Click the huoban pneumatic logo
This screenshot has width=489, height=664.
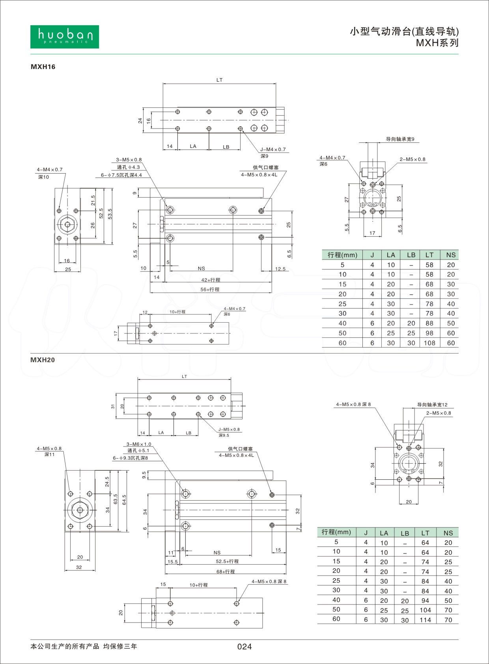(x=64, y=37)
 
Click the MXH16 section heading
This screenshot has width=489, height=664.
(x=43, y=67)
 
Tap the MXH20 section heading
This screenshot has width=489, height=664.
(x=43, y=360)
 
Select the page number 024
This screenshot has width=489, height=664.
(x=244, y=646)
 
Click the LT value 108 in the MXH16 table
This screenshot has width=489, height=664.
(x=429, y=343)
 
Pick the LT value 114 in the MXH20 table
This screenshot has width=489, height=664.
(x=425, y=620)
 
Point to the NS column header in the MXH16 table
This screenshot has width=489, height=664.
(x=451, y=255)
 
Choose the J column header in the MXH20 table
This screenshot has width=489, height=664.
(x=366, y=533)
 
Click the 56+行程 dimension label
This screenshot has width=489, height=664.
(x=210, y=289)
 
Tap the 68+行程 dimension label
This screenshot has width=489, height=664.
(x=226, y=571)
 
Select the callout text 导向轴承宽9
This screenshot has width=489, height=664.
(x=400, y=139)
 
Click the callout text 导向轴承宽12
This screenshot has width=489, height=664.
(x=432, y=405)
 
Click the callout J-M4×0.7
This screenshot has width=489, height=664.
(x=273, y=150)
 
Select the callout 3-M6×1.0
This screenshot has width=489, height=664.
(x=139, y=444)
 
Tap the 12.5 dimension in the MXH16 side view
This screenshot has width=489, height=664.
(x=280, y=269)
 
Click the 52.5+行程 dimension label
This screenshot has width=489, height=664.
(x=227, y=561)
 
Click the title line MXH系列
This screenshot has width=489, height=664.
(x=437, y=43)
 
